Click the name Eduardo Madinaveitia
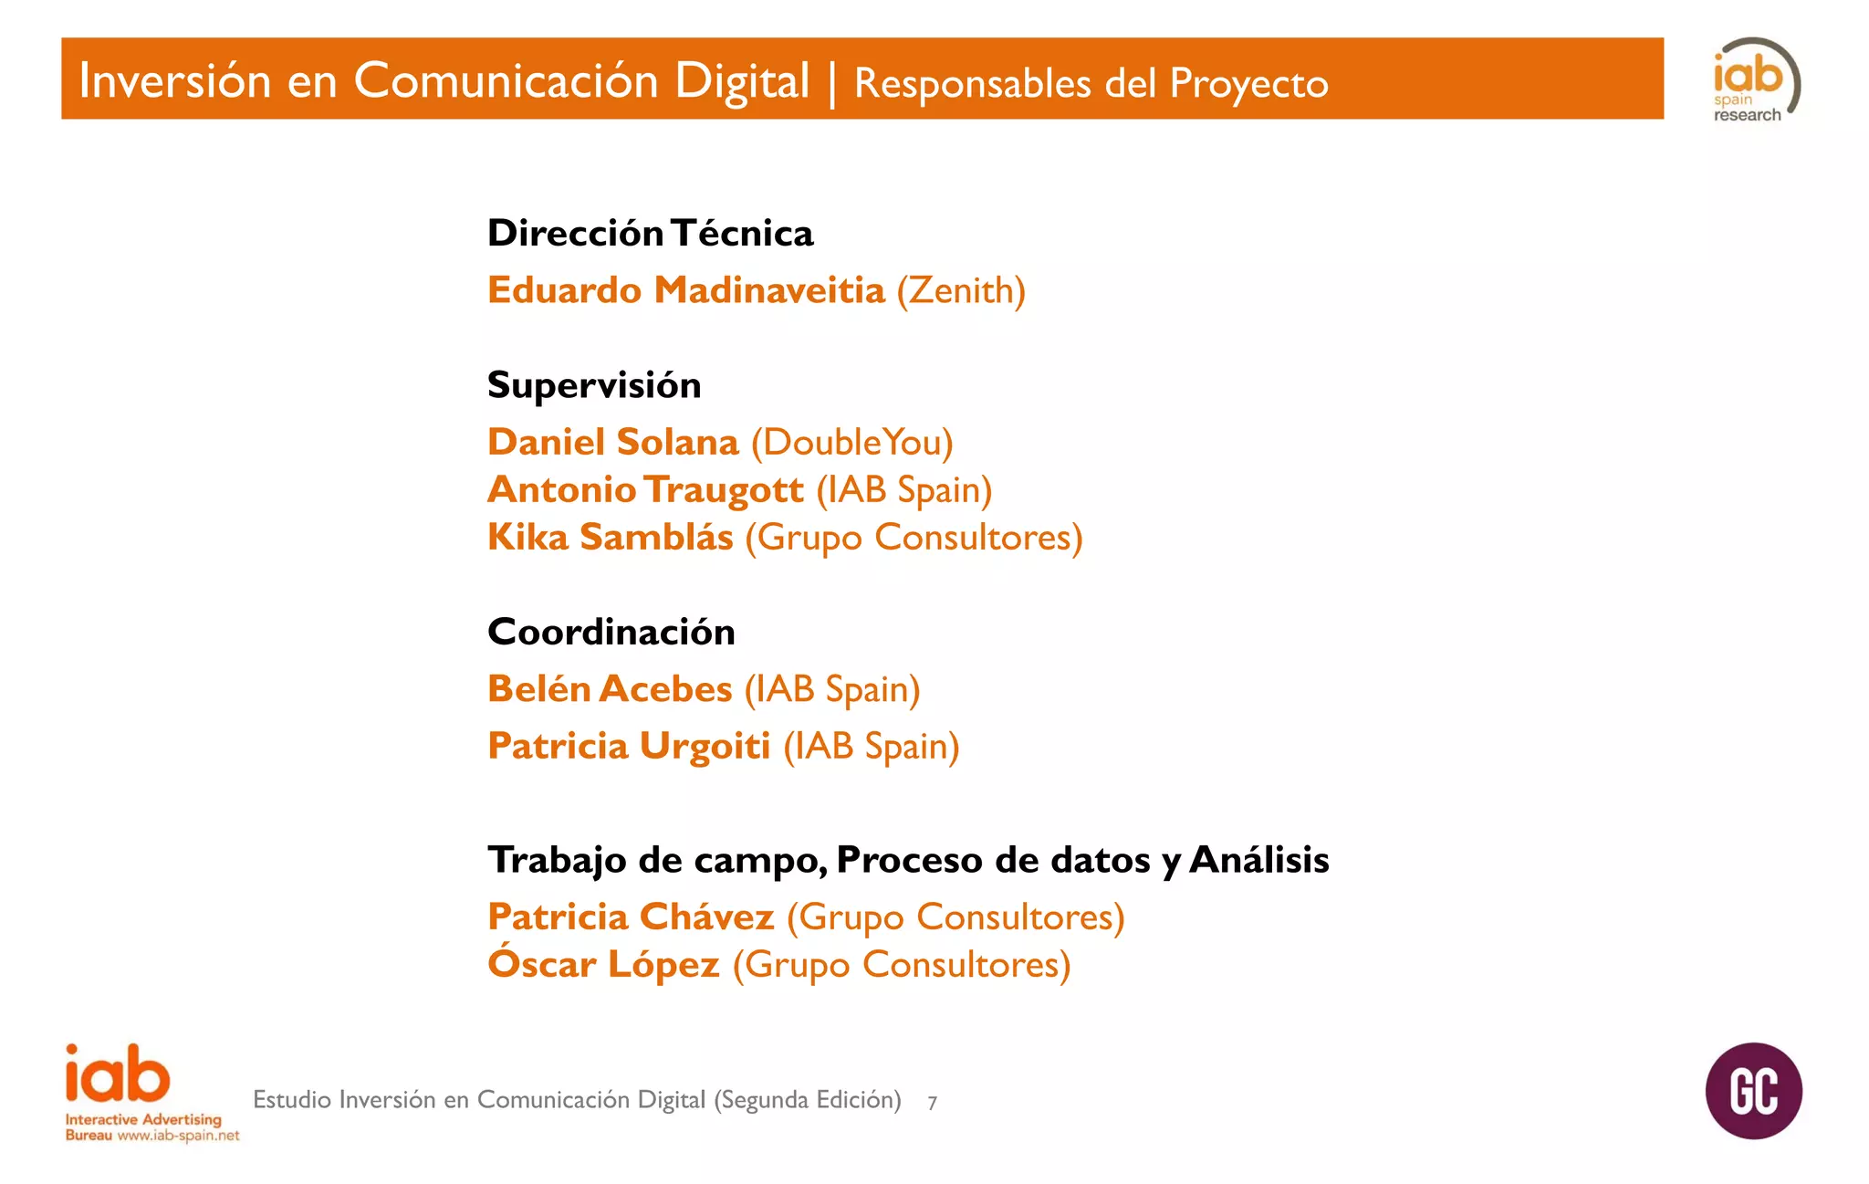pos(686,290)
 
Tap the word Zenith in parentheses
pos(961,291)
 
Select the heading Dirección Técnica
pos(650,234)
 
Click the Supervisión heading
pos(594,385)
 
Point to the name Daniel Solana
pos(612,442)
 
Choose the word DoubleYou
pos(851,443)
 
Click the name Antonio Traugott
pos(645,490)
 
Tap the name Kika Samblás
pos(610,537)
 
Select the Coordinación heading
pos(611,632)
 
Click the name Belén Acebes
pos(610,689)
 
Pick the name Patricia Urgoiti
pos(629,746)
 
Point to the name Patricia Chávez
pos(631,917)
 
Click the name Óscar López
pos(603,964)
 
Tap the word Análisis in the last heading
pos(1259,860)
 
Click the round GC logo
pos(1753,1091)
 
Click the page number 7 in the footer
pos(932,1103)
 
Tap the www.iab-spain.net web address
pos(178,1136)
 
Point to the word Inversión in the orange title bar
pos(175,80)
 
